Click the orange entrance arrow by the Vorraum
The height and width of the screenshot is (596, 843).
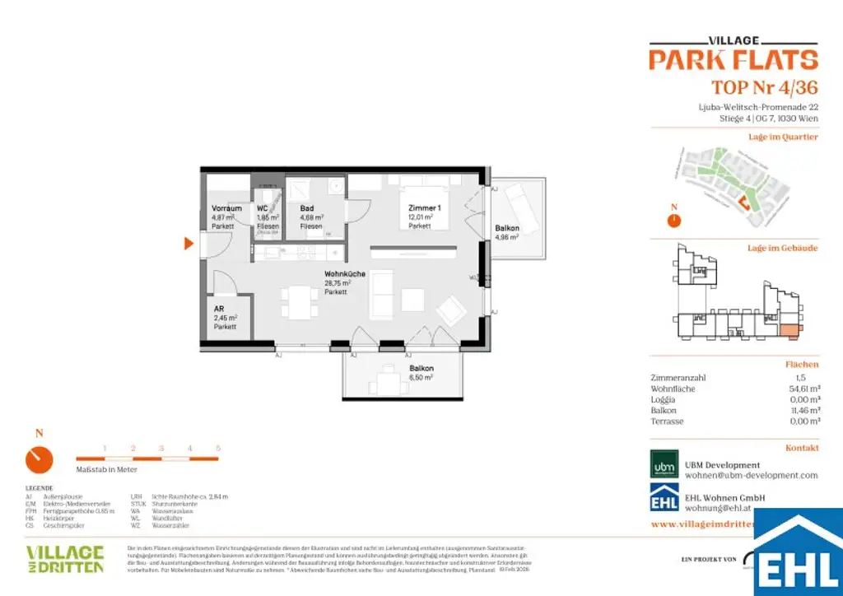pos(189,243)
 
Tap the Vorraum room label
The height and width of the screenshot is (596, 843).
pos(226,208)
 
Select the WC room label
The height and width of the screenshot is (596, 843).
pos(263,208)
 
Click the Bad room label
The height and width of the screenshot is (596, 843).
pos(307,208)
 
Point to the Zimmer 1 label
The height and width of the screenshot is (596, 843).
pos(424,208)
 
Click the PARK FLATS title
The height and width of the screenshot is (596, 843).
pos(733,59)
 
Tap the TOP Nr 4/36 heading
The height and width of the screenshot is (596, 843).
pos(764,88)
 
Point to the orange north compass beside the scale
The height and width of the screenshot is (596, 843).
pos(39,459)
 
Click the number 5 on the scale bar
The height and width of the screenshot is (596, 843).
pos(218,448)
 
